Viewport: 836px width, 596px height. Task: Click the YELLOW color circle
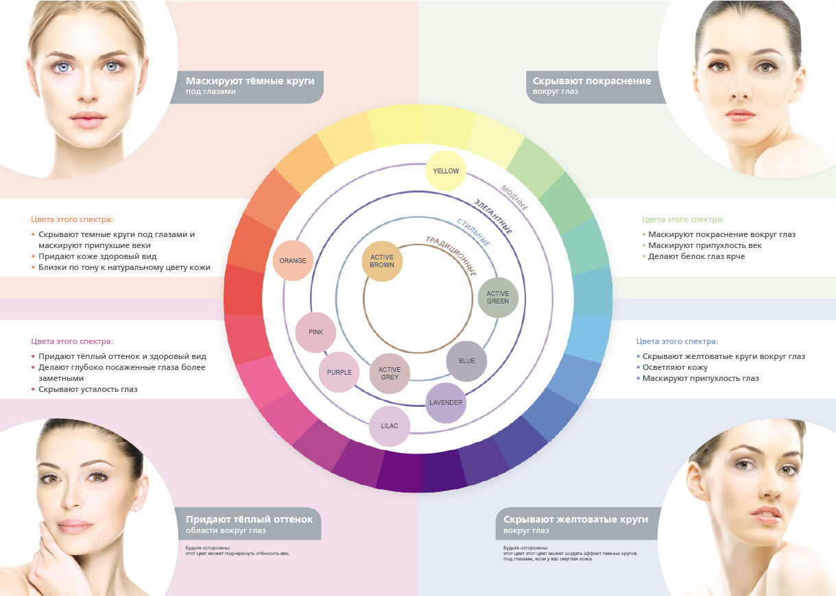(446, 171)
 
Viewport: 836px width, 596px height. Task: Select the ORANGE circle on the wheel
(293, 260)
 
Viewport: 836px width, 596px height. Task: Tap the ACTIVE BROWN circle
(382, 261)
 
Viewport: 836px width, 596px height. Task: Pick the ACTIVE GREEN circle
(498, 297)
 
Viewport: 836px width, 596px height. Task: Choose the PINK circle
(315, 332)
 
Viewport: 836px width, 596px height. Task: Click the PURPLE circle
(339, 373)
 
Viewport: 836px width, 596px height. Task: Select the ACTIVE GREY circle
(390, 373)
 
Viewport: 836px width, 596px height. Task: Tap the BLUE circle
(466, 361)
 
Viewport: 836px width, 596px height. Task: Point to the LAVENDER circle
(446, 403)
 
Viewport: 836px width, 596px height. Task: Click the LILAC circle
(390, 426)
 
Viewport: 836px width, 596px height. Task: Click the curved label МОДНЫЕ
(514, 198)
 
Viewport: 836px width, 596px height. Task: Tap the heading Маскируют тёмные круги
(250, 81)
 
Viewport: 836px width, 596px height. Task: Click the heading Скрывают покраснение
(591, 81)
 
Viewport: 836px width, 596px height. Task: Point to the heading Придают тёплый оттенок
(249, 519)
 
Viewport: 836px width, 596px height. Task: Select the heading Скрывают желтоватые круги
(575, 519)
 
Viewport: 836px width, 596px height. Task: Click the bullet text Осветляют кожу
(673, 367)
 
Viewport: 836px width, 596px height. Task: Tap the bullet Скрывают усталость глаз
(88, 389)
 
